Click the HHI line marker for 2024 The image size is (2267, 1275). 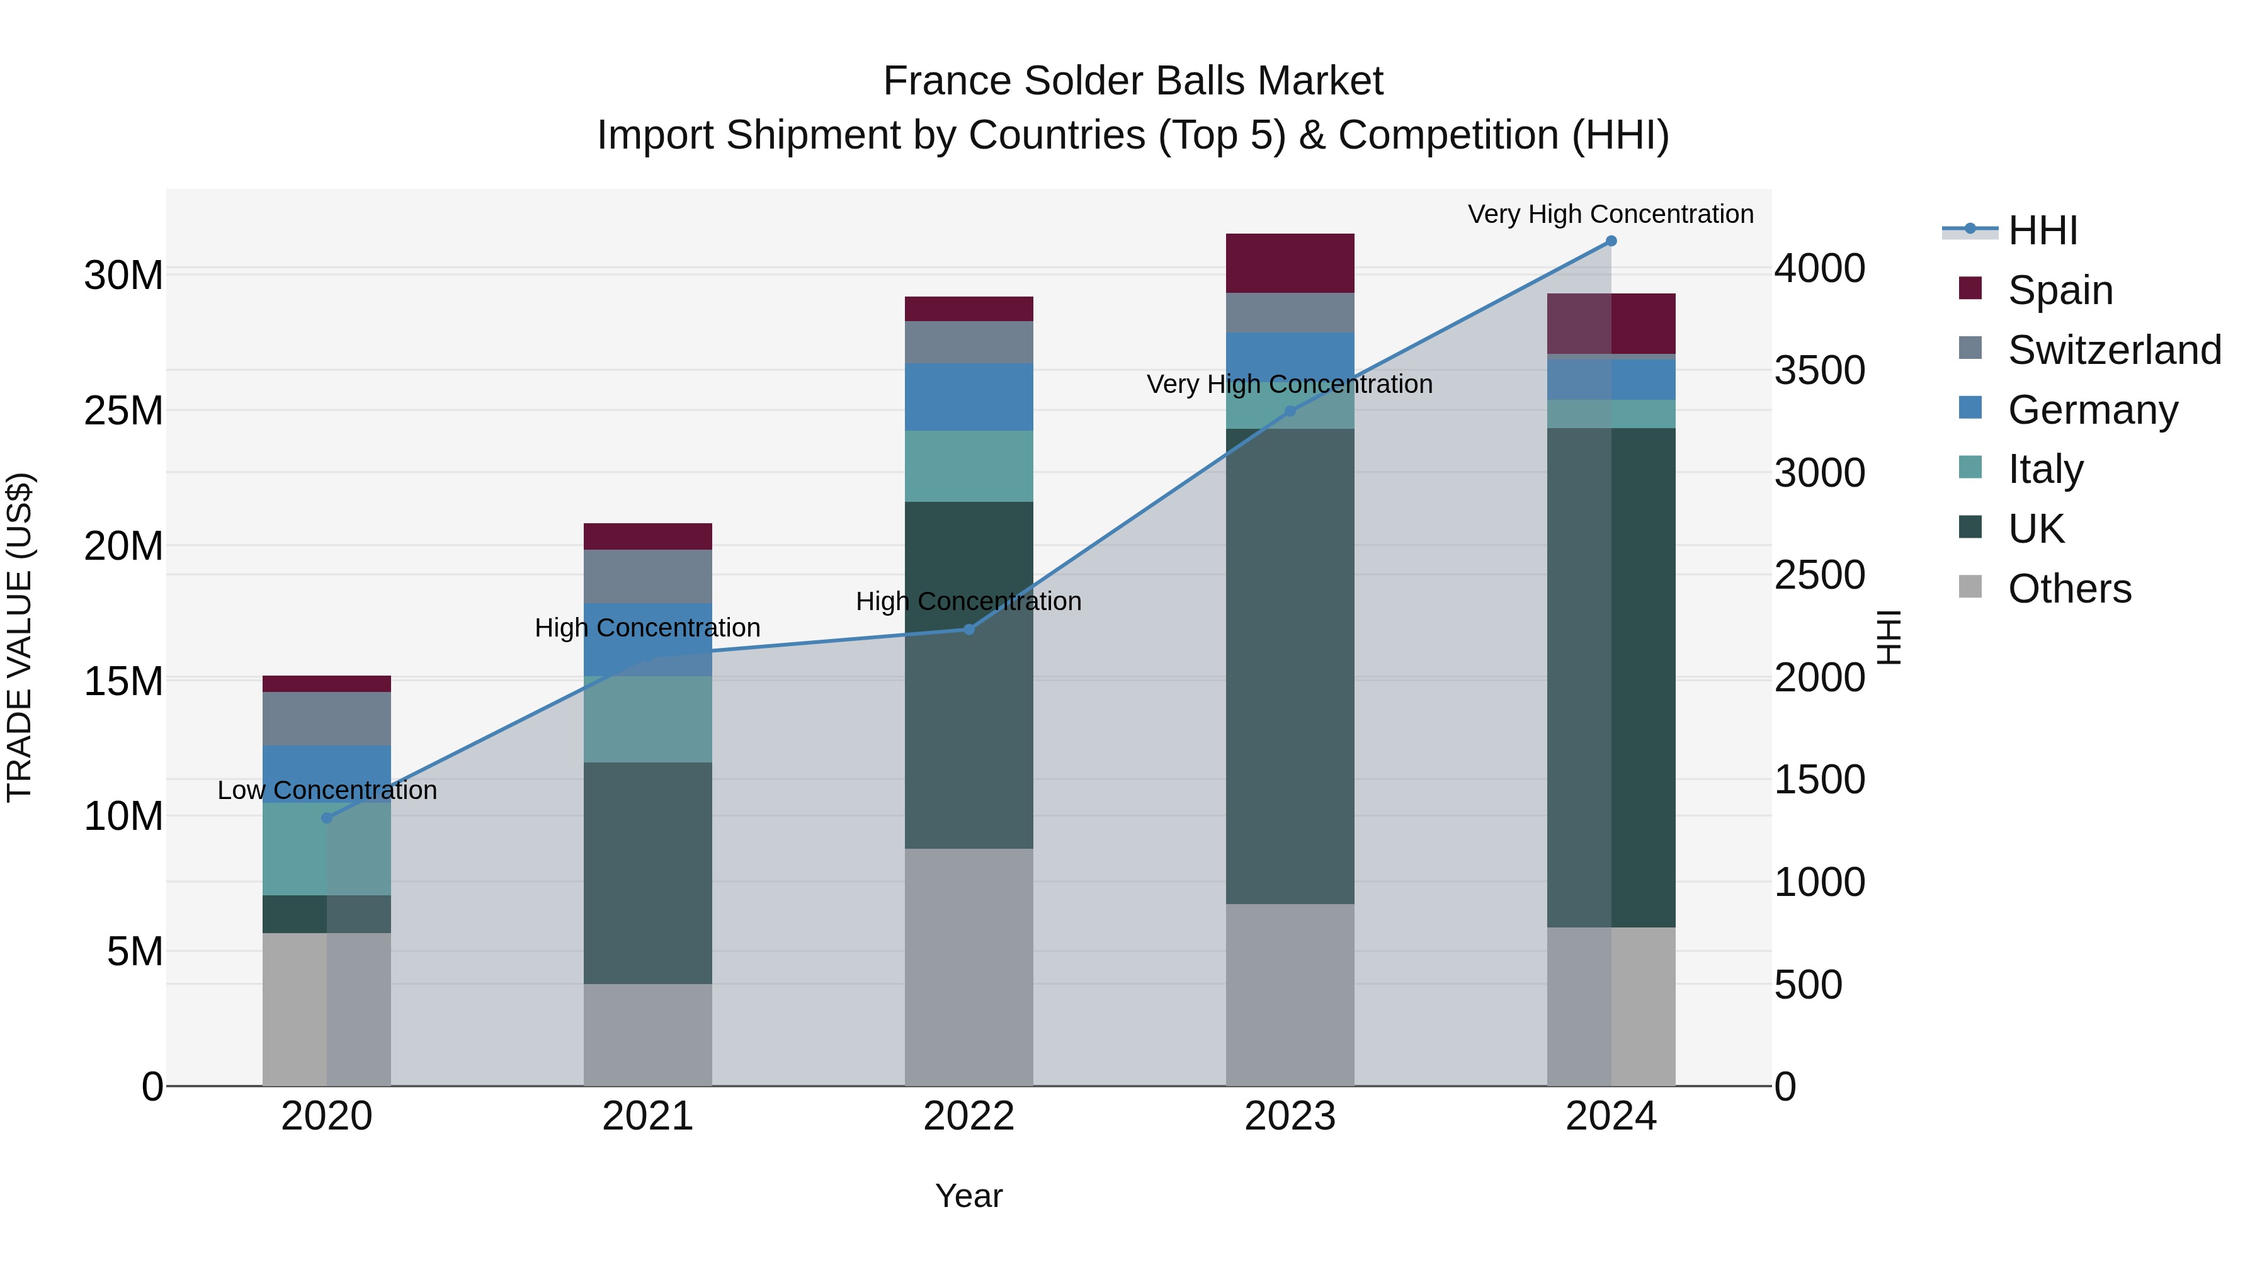click(1610, 241)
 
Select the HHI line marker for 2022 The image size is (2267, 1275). click(969, 629)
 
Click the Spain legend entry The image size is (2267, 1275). click(2059, 290)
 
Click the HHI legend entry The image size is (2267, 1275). click(2042, 230)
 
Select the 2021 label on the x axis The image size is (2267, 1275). click(648, 1116)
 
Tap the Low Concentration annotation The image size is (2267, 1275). click(326, 790)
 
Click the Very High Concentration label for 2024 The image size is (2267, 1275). click(1610, 214)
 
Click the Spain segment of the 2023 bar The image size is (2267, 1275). click(1290, 263)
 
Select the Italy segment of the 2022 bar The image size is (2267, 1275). click(969, 467)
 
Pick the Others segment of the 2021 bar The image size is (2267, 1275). click(648, 1034)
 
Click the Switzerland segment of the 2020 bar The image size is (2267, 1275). click(326, 719)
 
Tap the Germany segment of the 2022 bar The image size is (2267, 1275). click(969, 397)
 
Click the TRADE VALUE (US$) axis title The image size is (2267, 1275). click(20, 637)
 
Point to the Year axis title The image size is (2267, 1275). click(969, 1196)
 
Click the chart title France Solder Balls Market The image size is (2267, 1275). click(1133, 81)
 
